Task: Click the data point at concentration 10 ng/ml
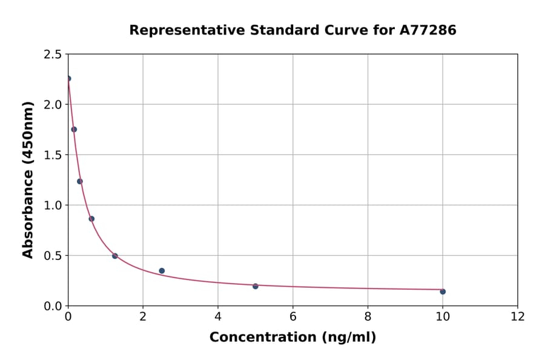[443, 292]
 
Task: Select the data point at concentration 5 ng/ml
[256, 286]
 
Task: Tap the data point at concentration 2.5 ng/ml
[162, 271]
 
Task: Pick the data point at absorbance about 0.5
[115, 256]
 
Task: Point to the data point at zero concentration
[68, 78]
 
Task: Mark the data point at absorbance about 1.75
[74, 129]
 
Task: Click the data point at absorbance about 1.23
[80, 181]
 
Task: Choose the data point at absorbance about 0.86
[91, 219]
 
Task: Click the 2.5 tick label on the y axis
[52, 55]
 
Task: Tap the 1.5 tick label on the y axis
[52, 155]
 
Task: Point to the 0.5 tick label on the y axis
[52, 256]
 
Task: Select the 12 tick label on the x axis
[518, 316]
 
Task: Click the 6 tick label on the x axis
[293, 316]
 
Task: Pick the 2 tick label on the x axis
[143, 316]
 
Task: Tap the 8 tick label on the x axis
[368, 316]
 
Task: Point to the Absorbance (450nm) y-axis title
[28, 179]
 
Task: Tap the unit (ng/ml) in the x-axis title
[349, 338]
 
